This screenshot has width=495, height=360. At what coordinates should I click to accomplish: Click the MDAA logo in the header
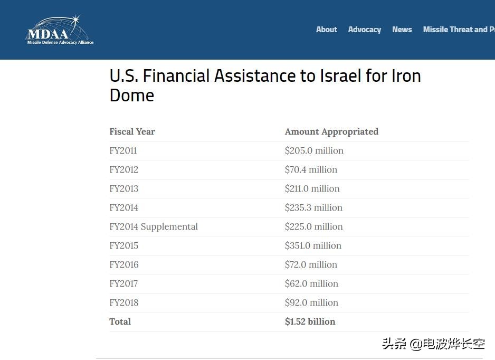60,30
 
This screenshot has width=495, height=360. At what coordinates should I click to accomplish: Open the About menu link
326,30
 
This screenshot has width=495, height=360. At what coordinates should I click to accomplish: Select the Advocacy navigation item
364,30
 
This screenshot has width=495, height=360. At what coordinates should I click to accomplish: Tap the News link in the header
402,30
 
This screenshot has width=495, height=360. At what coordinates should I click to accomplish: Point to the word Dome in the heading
132,96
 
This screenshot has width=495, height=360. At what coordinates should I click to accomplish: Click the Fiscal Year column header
132,131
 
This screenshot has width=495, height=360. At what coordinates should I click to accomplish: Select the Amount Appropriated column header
331,131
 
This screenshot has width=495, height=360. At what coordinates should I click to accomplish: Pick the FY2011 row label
123,150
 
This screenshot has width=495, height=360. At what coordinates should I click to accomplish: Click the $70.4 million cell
311,169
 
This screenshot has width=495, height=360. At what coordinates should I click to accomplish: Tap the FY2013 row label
123,188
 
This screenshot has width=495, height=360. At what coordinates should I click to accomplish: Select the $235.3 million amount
313,207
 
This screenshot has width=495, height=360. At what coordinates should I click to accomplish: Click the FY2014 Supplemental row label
154,226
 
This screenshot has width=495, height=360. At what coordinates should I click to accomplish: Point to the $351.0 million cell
313,245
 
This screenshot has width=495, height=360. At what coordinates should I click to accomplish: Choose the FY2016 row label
123,264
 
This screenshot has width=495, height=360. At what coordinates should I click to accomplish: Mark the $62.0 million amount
311,283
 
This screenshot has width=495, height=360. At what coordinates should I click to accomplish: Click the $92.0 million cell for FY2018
311,302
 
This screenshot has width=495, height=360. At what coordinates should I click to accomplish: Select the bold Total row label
120,321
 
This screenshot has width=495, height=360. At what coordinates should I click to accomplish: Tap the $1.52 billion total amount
310,321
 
